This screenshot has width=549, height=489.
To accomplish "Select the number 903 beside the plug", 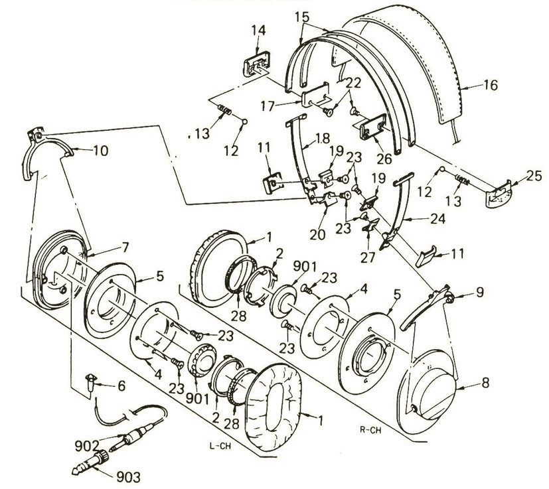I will pyautogui.click(x=126, y=475).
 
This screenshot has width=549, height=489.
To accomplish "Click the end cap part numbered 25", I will pyautogui.click(x=502, y=194).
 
